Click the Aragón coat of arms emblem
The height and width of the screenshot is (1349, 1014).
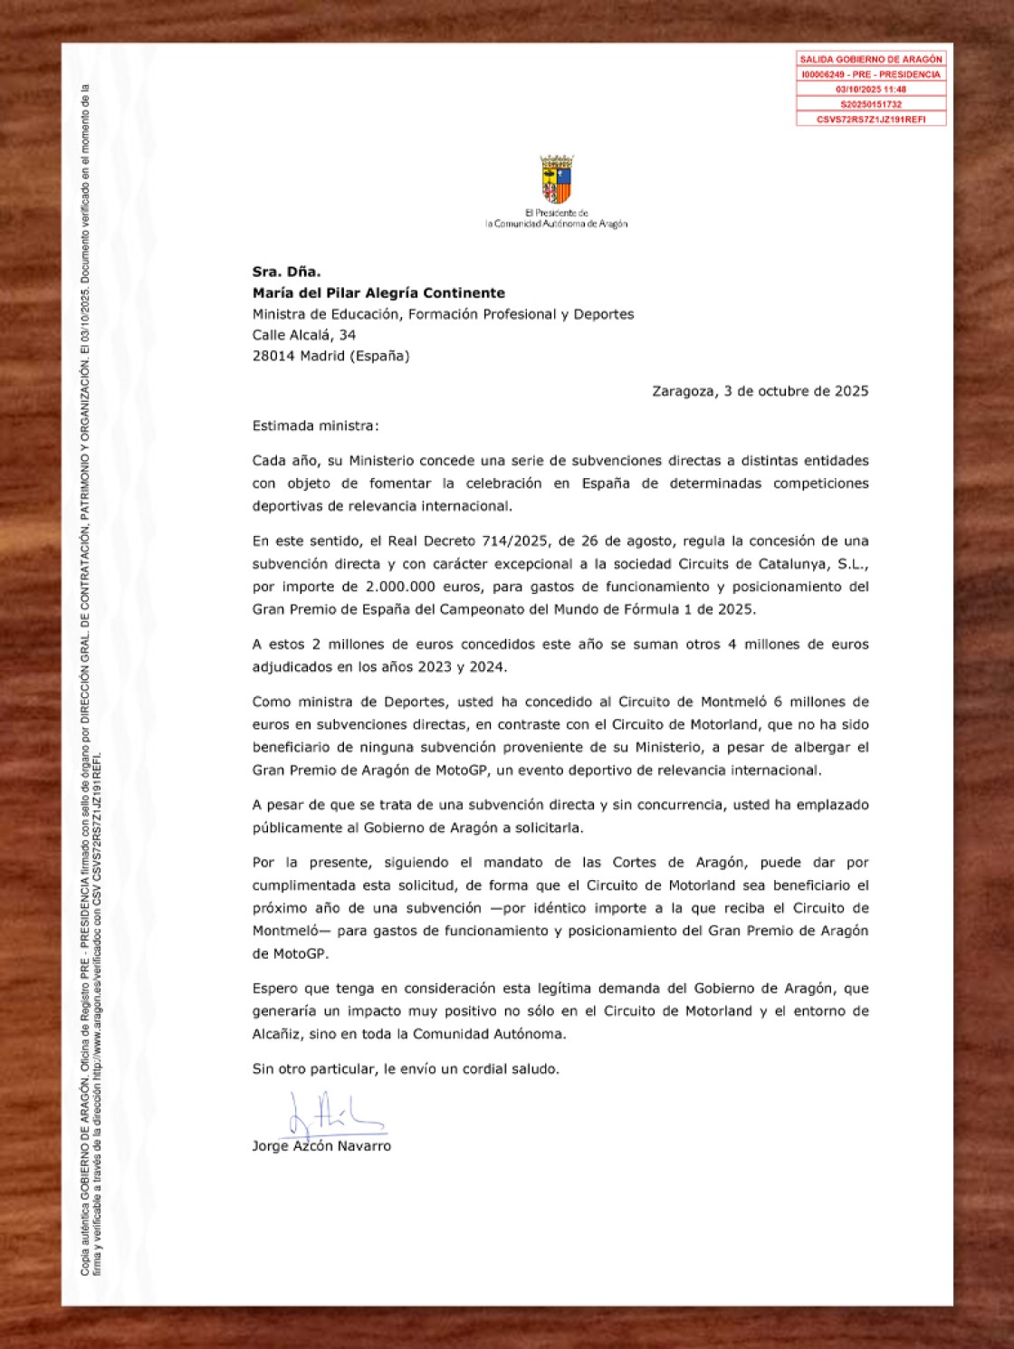(x=557, y=179)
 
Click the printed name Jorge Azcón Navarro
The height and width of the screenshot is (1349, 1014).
(x=321, y=1146)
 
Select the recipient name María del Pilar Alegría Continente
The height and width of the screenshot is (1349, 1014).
(x=378, y=293)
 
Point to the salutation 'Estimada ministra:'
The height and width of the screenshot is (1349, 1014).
(x=315, y=426)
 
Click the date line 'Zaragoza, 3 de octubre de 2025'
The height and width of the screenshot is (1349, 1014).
(x=760, y=391)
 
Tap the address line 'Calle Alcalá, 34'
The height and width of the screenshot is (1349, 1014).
(x=304, y=335)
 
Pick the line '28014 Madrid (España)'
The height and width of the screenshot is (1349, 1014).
(x=330, y=356)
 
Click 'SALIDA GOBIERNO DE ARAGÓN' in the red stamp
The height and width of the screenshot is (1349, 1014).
(x=871, y=59)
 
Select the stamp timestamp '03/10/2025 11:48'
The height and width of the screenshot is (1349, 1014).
(x=871, y=90)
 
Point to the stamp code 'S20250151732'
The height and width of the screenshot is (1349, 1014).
(x=871, y=104)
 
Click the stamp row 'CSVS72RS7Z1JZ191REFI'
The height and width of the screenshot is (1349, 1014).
(x=871, y=120)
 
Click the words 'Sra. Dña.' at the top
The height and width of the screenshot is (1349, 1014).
(x=286, y=272)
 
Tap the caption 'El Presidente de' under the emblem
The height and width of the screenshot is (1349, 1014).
(x=557, y=213)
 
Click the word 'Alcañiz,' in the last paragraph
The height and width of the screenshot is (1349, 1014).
(x=277, y=1034)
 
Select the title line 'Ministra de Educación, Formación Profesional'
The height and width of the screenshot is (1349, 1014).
(x=443, y=314)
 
